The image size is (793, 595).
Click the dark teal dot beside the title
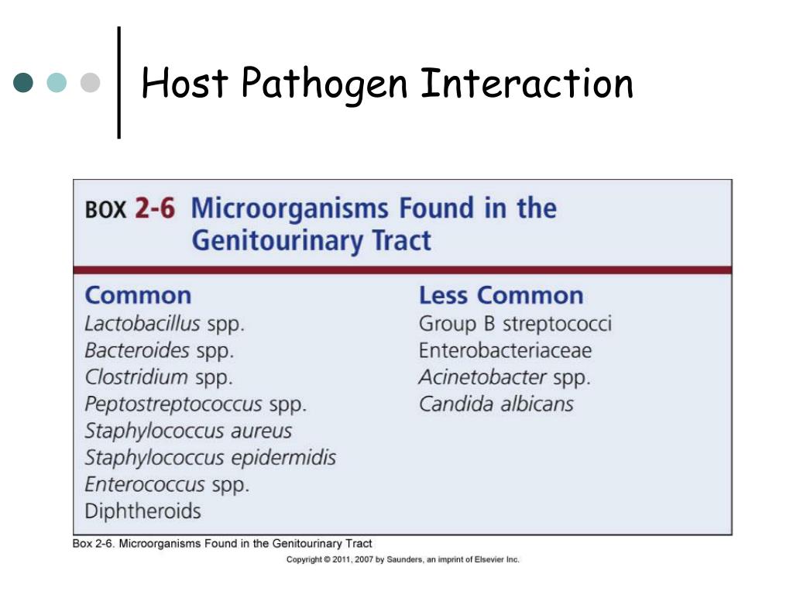(x=24, y=83)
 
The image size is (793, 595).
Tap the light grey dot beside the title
(x=91, y=83)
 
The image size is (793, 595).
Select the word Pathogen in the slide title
(x=324, y=83)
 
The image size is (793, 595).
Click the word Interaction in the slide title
(x=527, y=83)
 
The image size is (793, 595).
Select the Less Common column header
(x=501, y=295)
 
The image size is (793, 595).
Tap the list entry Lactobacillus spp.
(x=164, y=323)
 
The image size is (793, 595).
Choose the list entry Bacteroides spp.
(x=159, y=350)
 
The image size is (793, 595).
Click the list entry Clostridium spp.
(x=158, y=377)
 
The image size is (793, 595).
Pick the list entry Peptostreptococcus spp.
(x=195, y=404)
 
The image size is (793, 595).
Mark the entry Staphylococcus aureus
(x=188, y=431)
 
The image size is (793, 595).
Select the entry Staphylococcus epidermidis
(x=210, y=457)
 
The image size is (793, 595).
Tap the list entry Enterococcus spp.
(x=166, y=484)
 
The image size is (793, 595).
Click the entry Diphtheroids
(x=142, y=511)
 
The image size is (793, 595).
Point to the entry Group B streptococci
(x=515, y=323)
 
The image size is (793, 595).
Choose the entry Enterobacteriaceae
(x=505, y=350)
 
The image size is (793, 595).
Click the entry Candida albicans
(x=496, y=404)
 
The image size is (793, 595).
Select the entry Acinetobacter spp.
(x=504, y=377)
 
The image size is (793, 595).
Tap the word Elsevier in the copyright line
(x=488, y=559)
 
